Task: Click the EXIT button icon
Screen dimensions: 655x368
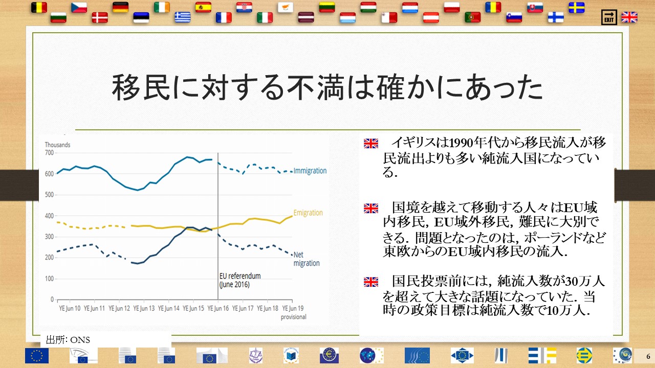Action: pos(609,17)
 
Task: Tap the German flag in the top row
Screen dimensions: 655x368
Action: pos(120,7)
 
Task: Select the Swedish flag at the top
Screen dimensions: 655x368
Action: pos(577,8)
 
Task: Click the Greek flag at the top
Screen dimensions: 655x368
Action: pos(183,17)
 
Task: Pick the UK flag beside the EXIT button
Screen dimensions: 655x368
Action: pos(629,17)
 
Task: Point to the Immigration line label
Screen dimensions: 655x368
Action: pos(310,171)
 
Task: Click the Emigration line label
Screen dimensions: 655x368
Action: pos(308,213)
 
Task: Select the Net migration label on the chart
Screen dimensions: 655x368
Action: pos(306,259)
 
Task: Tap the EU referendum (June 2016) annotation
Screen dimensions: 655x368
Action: pos(240,280)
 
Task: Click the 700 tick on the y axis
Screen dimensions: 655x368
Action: pos(50,153)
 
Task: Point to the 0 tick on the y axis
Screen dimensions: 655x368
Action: pos(52,300)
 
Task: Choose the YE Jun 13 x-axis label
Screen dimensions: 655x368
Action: pos(144,308)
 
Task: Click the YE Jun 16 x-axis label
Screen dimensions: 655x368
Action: pos(218,308)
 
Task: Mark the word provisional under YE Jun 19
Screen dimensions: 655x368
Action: pos(294,317)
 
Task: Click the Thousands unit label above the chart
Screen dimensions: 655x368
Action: pos(58,145)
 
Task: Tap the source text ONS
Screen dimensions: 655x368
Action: pos(80,340)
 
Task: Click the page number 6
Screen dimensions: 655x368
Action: pos(648,356)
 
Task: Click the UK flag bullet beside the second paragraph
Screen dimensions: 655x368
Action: pos(371,208)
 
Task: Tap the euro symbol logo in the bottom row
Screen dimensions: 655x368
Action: pos(329,355)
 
